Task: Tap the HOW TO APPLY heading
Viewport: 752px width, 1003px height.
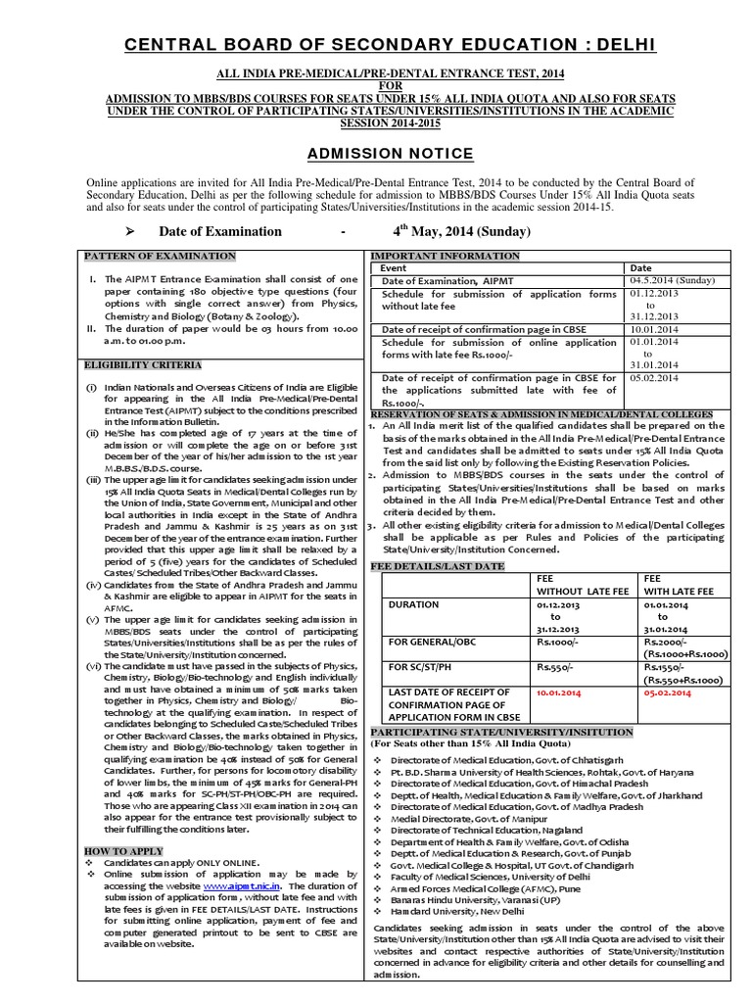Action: click(111, 851)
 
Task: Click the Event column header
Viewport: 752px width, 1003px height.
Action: click(394, 267)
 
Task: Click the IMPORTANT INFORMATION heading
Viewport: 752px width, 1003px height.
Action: click(445, 256)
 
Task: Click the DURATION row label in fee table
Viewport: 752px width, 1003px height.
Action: click(413, 604)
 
